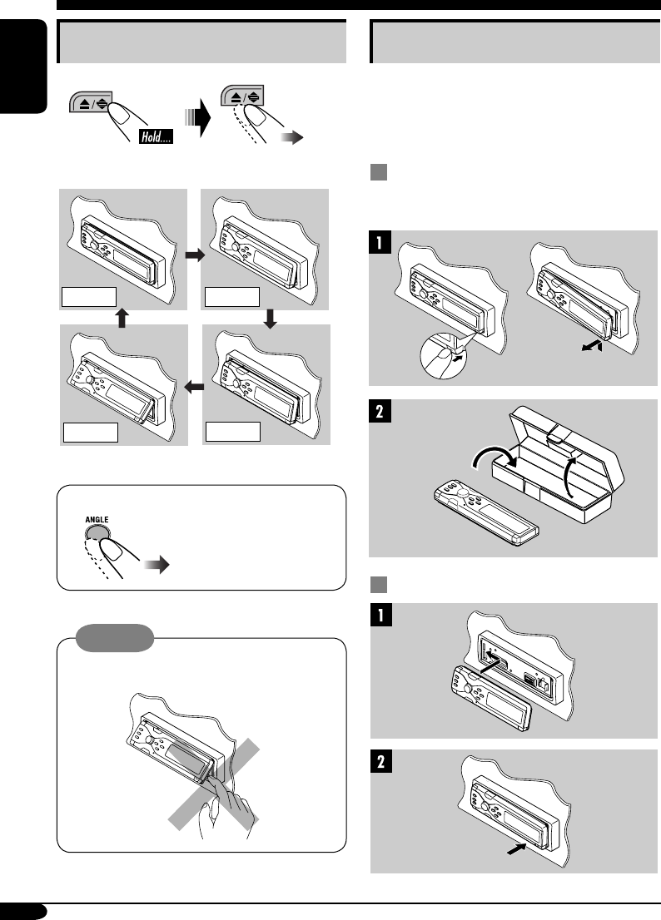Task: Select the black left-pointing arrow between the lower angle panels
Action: pos(194,386)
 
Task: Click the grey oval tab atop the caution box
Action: pos(115,639)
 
